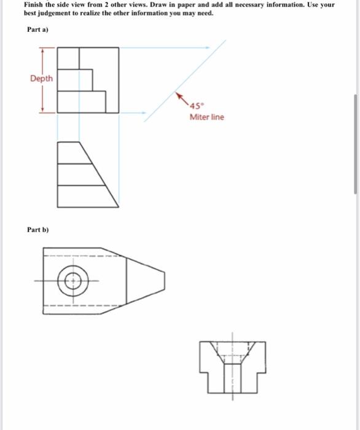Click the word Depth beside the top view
(x=41, y=79)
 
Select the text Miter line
(x=206, y=117)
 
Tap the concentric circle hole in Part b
(x=73, y=282)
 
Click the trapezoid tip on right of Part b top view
(x=164, y=282)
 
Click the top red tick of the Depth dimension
(x=42, y=47)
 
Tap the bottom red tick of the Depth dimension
(x=42, y=111)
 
